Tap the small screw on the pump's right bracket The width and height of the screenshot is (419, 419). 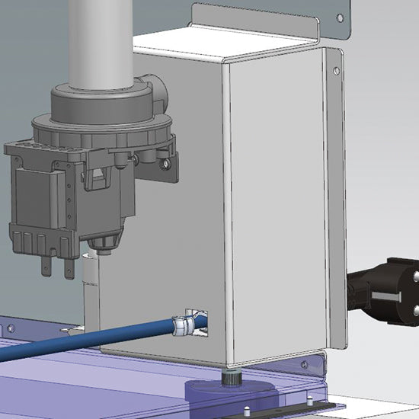[x=165, y=162]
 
